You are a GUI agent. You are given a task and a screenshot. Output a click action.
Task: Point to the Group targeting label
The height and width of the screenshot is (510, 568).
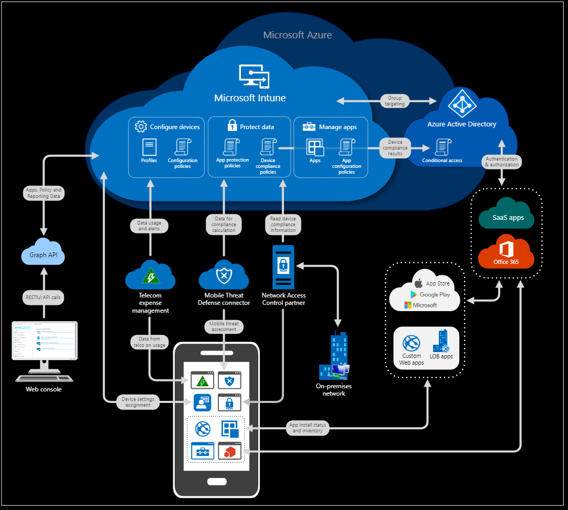[395, 101]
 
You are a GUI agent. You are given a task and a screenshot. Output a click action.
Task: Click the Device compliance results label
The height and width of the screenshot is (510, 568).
[395, 148]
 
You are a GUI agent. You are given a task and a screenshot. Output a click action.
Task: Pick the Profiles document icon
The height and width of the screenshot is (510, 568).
[149, 147]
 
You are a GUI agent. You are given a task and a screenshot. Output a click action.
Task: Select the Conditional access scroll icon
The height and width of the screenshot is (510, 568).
[442, 147]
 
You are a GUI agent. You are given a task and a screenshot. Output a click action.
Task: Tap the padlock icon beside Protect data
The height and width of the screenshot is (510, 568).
[232, 125]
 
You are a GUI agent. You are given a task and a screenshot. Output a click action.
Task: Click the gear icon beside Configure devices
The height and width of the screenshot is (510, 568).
[140, 126]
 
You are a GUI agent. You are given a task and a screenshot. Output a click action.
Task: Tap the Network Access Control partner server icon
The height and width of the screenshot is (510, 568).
[283, 268]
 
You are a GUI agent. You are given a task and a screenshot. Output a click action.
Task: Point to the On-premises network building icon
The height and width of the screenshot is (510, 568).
[333, 357]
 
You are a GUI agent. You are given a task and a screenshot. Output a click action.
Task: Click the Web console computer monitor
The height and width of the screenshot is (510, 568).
[45, 341]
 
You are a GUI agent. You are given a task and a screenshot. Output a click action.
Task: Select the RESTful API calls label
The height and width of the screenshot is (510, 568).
[44, 297]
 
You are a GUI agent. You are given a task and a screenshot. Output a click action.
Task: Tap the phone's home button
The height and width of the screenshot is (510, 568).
[216, 481]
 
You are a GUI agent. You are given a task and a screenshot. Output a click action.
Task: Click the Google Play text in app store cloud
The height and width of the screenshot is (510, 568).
[435, 294]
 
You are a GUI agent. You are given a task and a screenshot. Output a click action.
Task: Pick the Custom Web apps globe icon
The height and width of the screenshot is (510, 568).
[411, 344]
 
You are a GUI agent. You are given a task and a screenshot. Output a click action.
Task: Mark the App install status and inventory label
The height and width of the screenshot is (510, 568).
[308, 428]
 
